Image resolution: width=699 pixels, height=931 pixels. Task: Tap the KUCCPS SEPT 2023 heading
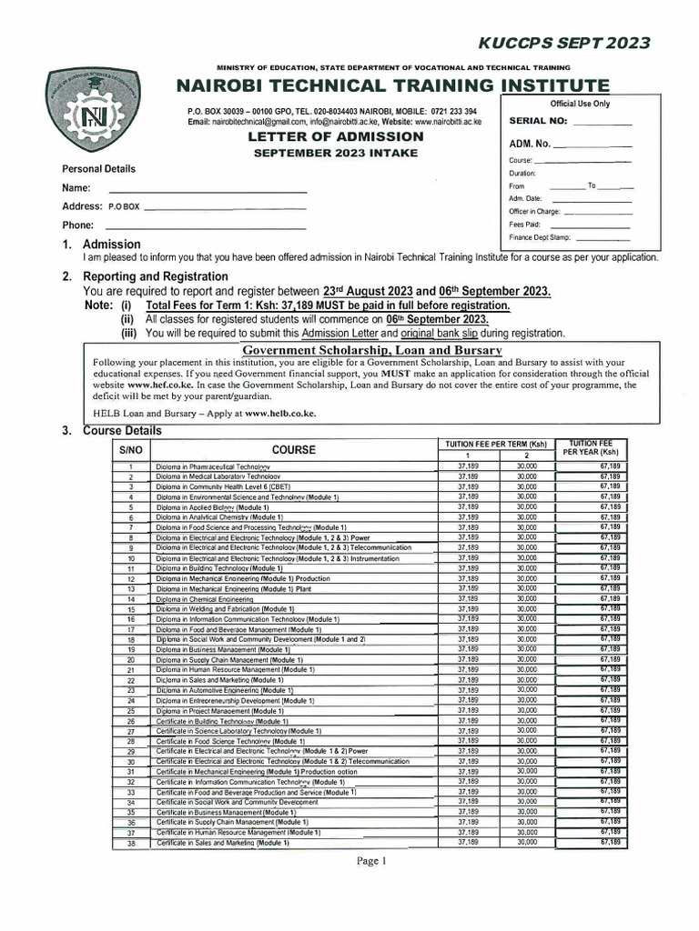[x=583, y=43]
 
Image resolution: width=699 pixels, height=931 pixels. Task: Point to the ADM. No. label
[x=530, y=144]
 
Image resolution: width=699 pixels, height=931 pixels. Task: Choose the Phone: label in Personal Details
[x=77, y=225]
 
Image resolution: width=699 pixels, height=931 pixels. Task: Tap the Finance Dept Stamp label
[x=540, y=237]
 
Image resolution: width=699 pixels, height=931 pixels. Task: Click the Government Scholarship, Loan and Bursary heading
[x=371, y=350]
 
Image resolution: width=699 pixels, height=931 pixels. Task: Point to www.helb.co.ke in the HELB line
[x=279, y=412]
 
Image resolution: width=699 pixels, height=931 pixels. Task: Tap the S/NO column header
[x=131, y=450]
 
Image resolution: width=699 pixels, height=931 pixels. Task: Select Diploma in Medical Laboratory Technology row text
[x=218, y=476]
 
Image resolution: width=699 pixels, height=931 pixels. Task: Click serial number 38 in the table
[x=131, y=844]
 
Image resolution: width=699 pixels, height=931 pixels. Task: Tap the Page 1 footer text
[x=371, y=861]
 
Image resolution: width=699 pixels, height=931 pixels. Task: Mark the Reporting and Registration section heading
[x=156, y=276]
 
